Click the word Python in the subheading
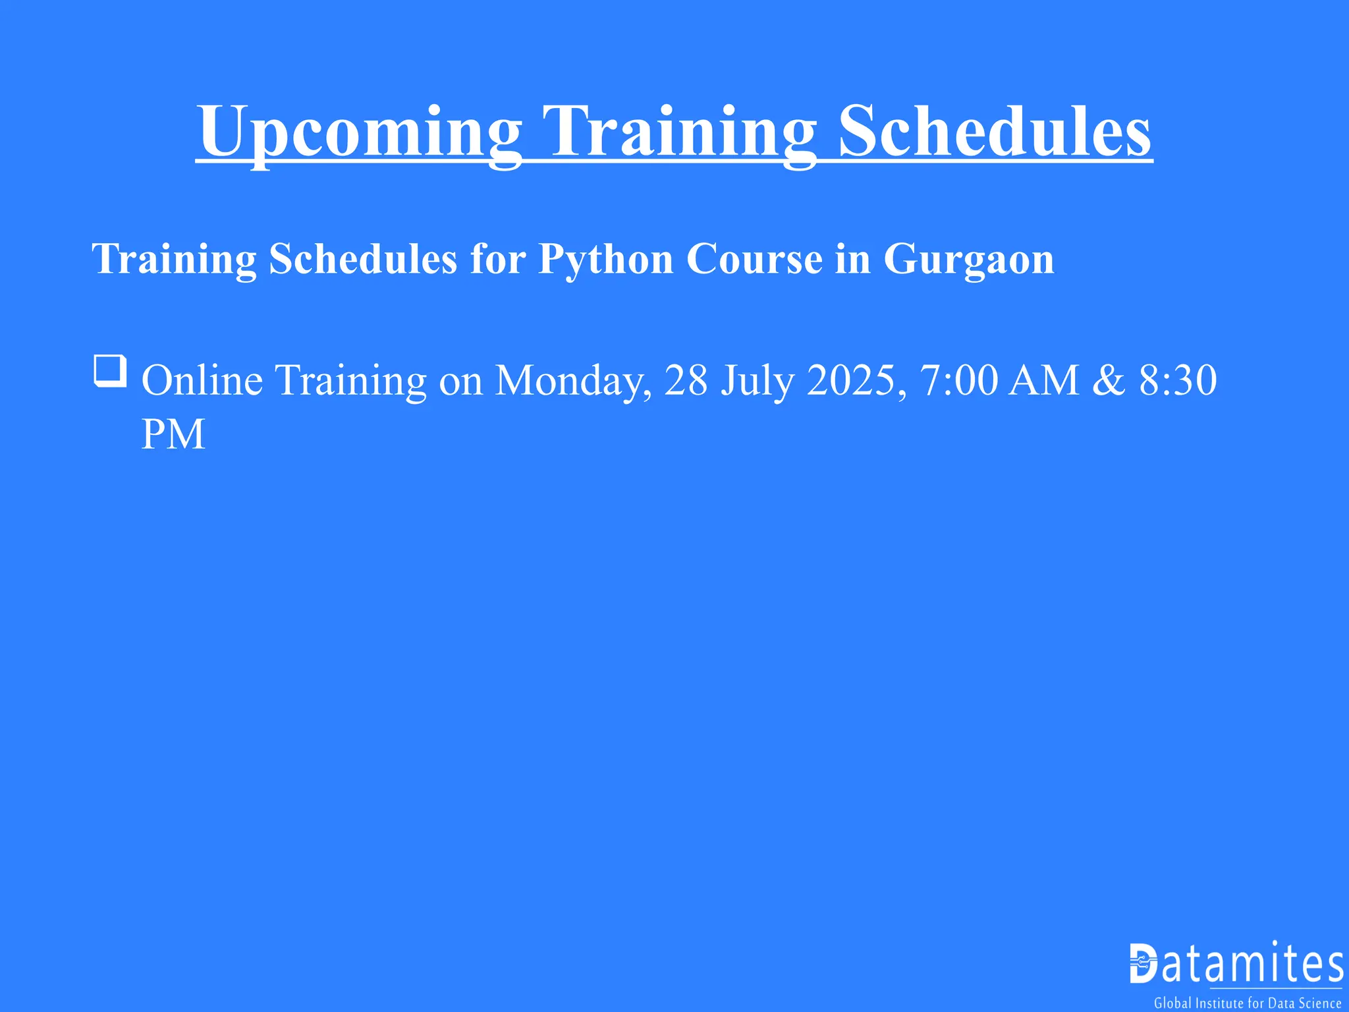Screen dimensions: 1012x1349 click(605, 258)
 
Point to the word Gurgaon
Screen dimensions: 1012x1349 click(968, 260)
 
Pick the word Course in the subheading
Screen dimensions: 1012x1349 click(754, 258)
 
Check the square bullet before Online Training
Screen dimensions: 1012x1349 click(110, 371)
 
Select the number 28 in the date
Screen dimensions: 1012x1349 click(686, 380)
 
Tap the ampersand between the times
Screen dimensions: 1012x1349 click(1109, 380)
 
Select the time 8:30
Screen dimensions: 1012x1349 click(1178, 380)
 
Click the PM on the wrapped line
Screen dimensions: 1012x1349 click(173, 434)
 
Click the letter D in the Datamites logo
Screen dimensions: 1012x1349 click(1143, 963)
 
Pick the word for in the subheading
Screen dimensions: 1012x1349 click(497, 258)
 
